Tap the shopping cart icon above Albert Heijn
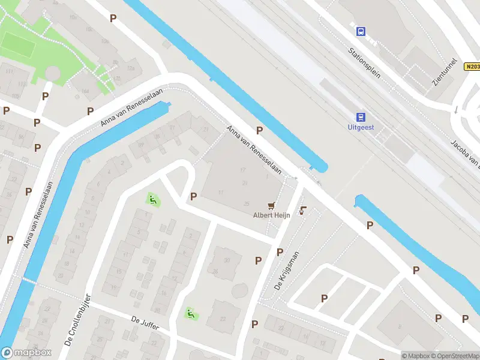pyautogui.click(x=272, y=205)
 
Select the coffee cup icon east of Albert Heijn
pyautogui.click(x=303, y=210)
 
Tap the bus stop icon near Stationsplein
pyautogui.click(x=361, y=31)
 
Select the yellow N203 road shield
pyautogui.click(x=472, y=67)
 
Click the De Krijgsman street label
pyautogui.click(x=286, y=271)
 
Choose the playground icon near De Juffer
pyautogui.click(x=190, y=313)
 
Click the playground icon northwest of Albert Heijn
pyautogui.click(x=152, y=199)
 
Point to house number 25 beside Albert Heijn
pyautogui.click(x=247, y=204)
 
